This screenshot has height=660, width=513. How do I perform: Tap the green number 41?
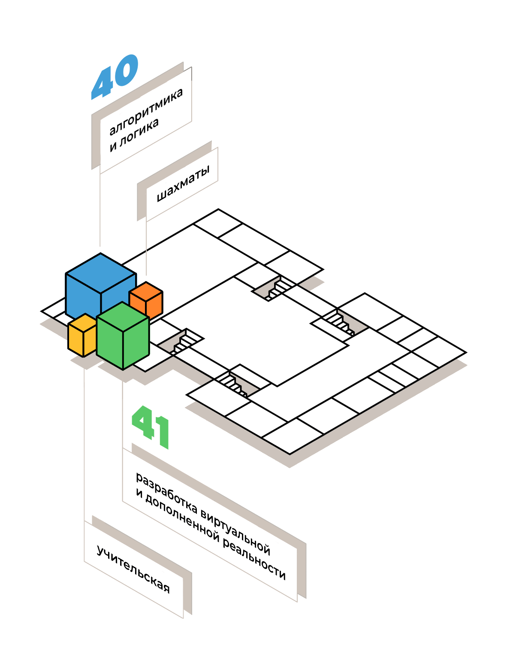point(150,427)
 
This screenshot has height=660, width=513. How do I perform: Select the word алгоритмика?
point(146,111)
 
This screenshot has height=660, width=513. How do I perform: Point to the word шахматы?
point(183,183)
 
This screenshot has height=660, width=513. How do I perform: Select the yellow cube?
point(82,335)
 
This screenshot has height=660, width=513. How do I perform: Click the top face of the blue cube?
point(101,273)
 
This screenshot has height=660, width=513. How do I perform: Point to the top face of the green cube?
point(123,317)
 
